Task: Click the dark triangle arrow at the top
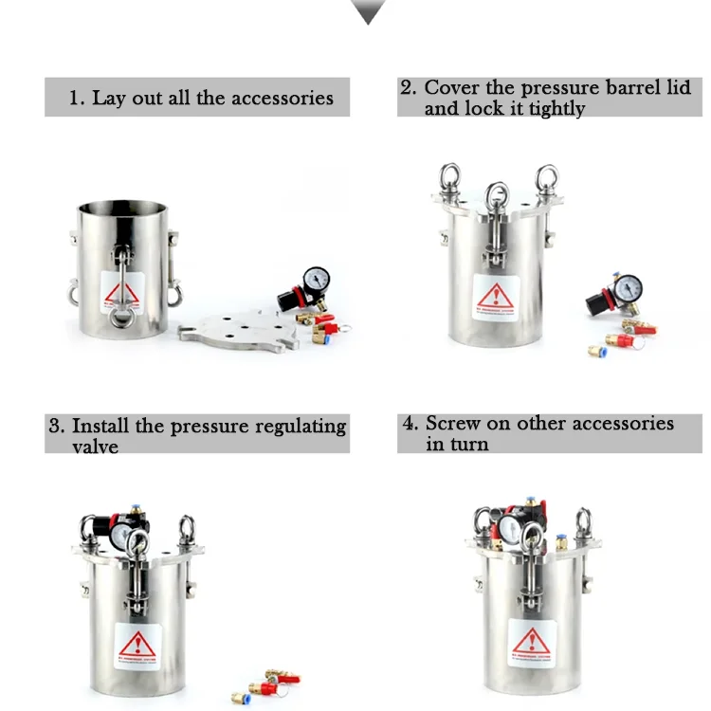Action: coord(368,11)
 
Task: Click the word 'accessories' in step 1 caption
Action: coord(283,98)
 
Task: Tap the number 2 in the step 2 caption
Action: coord(408,87)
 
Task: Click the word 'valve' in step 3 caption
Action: coord(96,446)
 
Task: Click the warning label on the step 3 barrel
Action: coord(136,645)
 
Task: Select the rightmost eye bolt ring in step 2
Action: coord(547,176)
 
